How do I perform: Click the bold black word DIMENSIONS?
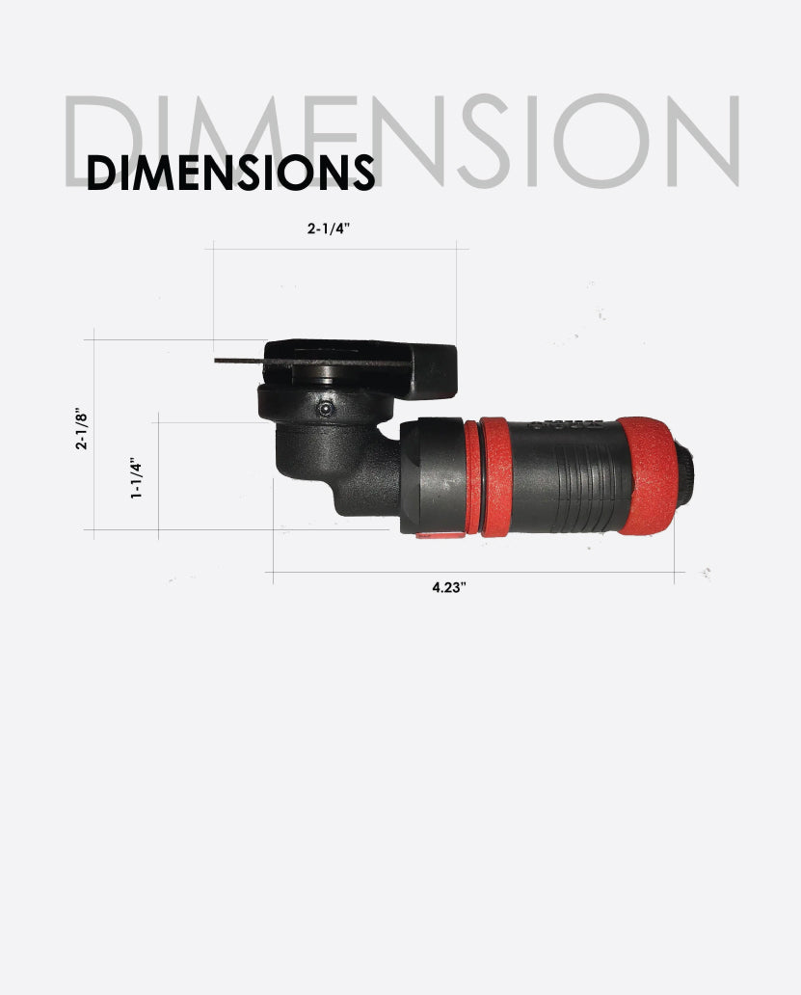pyautogui.click(x=229, y=172)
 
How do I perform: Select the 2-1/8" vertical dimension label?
pyautogui.click(x=83, y=431)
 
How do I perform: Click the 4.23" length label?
pyautogui.click(x=449, y=588)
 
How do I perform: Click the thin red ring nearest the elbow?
pyautogui.click(x=471, y=477)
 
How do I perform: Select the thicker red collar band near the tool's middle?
pyautogui.click(x=494, y=477)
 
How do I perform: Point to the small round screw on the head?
pyautogui.click(x=326, y=410)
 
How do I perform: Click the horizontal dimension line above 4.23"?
pyautogui.click(x=472, y=573)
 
